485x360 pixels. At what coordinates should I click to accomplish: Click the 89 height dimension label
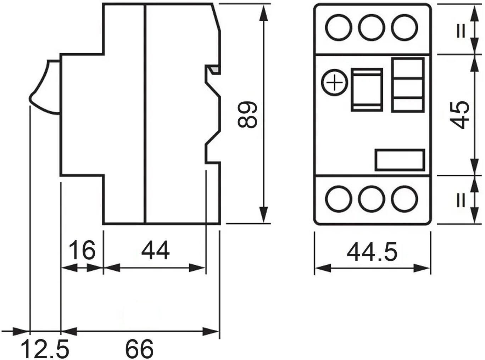(x=247, y=114)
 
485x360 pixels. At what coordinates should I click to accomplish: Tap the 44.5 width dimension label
(x=372, y=252)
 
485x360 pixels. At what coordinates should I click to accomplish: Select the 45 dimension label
(x=459, y=115)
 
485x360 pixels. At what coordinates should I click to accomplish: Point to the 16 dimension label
(x=82, y=250)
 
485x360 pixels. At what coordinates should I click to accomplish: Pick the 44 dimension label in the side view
(x=156, y=250)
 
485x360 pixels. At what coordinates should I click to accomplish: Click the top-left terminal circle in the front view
(x=339, y=28)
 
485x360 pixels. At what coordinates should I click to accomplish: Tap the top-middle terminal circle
(x=372, y=28)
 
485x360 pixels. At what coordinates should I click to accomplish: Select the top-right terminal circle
(x=405, y=28)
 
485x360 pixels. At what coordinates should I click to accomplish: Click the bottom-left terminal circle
(x=339, y=199)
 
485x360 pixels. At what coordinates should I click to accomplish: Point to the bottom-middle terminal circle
(x=372, y=199)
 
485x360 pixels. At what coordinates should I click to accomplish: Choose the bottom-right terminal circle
(x=405, y=199)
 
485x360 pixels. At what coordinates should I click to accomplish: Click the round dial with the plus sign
(x=335, y=83)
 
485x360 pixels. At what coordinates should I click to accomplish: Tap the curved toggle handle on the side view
(x=45, y=87)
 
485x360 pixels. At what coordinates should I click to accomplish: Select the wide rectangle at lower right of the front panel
(x=400, y=160)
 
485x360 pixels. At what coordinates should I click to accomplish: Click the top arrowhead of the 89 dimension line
(x=263, y=13)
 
